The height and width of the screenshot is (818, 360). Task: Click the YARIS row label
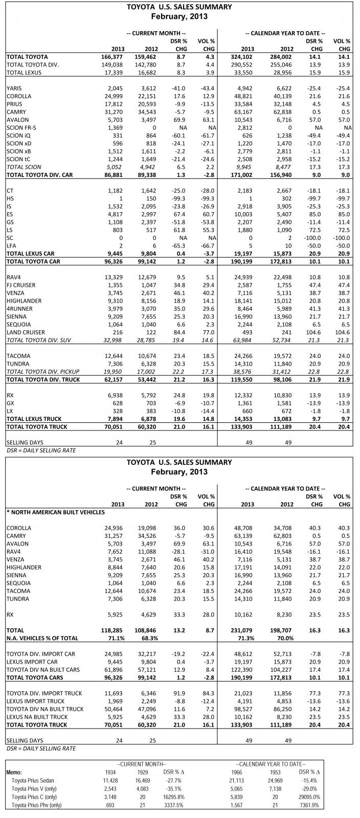[14, 88]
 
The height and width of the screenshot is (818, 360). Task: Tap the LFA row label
[11, 246]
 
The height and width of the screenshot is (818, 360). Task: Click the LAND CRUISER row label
[25, 331]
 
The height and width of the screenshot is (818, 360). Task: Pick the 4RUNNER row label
[19, 308]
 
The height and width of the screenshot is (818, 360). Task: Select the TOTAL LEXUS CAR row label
[30, 254]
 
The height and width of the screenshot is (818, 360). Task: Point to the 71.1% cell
[116, 638]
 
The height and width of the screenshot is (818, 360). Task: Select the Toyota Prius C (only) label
[35, 797]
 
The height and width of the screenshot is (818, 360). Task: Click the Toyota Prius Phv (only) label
[37, 805]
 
